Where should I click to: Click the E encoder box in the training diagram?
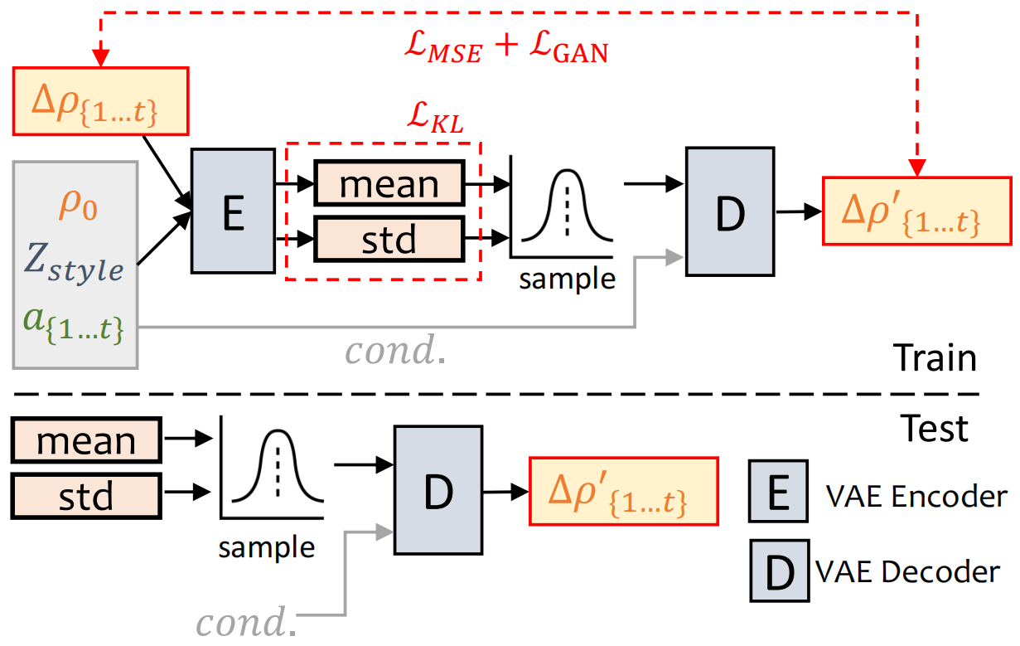233,211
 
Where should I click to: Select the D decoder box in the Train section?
730,211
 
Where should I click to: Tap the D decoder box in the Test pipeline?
437,489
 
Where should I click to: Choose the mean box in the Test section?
85,440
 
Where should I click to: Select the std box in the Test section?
85,496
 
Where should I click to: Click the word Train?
935,358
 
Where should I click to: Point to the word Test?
935,428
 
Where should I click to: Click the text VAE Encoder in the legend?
916,496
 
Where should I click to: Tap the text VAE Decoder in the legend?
907,571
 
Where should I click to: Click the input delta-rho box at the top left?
101,100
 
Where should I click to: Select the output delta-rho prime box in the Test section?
623,491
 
